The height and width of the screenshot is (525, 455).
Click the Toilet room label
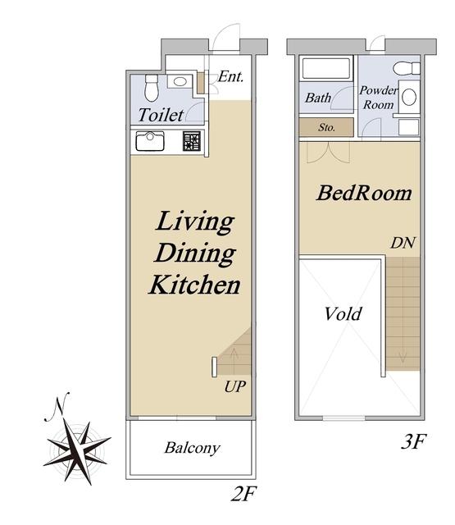(x=161, y=115)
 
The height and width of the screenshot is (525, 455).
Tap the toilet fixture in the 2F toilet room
(x=152, y=88)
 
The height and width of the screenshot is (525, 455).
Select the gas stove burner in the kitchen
(x=192, y=141)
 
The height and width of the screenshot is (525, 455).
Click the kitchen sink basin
(x=150, y=141)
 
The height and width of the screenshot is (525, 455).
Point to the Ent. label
(x=230, y=76)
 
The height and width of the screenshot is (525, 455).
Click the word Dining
(x=195, y=253)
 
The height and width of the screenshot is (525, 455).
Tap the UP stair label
(x=234, y=386)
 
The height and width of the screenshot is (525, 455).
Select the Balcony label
(x=192, y=448)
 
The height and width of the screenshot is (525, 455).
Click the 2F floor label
(x=243, y=494)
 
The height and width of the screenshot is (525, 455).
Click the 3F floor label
(x=413, y=441)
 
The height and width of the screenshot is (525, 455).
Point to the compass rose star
(x=77, y=451)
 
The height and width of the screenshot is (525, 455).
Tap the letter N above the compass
(x=57, y=407)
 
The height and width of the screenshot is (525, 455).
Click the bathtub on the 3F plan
(x=326, y=68)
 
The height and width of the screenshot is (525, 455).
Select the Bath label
(x=318, y=98)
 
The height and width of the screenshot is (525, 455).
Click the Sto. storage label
(x=326, y=127)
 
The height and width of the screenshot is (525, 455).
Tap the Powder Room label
(x=379, y=98)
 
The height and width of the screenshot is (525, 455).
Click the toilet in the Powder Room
(x=406, y=69)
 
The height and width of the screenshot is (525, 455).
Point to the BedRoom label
(x=364, y=194)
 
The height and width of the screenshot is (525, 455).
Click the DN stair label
(x=403, y=243)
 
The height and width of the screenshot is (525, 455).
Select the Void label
(x=344, y=314)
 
